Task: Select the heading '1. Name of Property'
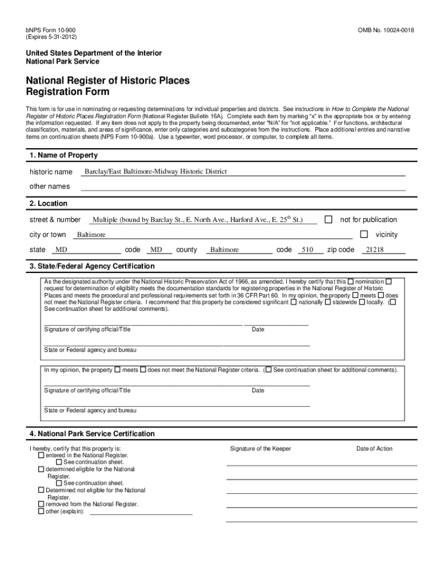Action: click(x=63, y=155)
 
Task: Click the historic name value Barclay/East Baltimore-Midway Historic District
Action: click(x=155, y=172)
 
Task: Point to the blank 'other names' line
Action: click(x=243, y=187)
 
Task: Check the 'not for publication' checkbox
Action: click(x=329, y=220)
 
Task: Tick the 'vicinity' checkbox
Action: click(x=363, y=235)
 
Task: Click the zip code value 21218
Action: click(x=375, y=250)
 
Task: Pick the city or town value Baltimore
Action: click(x=91, y=235)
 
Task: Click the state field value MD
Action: click(x=61, y=250)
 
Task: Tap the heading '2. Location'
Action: click(x=49, y=203)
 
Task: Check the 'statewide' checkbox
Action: click(x=328, y=302)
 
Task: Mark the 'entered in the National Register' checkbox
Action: click(x=41, y=456)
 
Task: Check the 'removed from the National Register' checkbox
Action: click(x=41, y=504)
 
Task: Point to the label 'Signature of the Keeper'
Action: click(x=261, y=449)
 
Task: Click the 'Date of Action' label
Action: click(x=374, y=449)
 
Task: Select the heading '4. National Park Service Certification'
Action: click(x=92, y=434)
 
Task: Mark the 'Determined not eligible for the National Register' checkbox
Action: click(x=41, y=490)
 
